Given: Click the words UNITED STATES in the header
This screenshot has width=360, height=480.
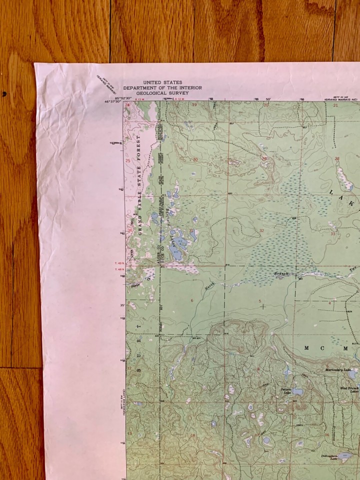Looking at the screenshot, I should click(162, 82).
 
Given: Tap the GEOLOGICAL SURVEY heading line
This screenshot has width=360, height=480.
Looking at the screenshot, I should click(162, 92).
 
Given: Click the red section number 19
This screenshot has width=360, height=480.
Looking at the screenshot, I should click(194, 105).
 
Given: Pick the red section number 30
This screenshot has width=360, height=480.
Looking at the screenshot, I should click(195, 160).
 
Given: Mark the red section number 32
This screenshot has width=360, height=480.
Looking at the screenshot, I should click(261, 230).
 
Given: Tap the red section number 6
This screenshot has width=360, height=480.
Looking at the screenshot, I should click(192, 300).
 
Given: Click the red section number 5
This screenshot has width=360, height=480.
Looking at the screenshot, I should click(260, 300).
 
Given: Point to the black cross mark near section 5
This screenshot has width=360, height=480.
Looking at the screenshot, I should click(263, 306).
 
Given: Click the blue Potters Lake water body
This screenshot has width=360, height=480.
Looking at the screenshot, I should click(298, 392).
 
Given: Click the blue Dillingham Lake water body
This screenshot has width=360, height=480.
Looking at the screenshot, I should click(344, 455).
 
